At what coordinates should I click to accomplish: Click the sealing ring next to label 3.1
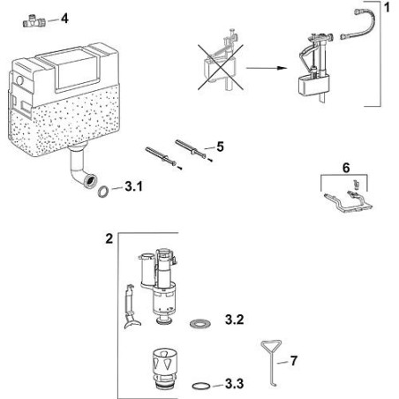click(104, 189)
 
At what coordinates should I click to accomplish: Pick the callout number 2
click(109, 238)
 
